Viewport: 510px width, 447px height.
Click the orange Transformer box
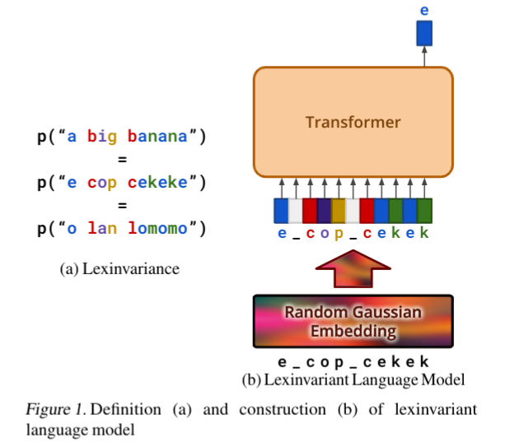353,122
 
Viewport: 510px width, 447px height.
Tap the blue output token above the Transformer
424,34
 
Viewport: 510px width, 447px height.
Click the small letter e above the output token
424,11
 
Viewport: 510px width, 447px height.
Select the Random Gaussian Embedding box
353,322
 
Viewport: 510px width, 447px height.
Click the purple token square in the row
324,211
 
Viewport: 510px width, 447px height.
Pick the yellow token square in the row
338,211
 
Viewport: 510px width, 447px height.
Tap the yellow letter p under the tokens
338,233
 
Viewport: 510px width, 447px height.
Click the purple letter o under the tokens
324,233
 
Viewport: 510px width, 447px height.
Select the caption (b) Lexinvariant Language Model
353,380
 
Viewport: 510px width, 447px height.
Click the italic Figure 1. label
56,410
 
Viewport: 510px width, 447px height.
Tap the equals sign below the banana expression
122,160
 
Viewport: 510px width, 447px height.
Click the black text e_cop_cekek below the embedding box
353,361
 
